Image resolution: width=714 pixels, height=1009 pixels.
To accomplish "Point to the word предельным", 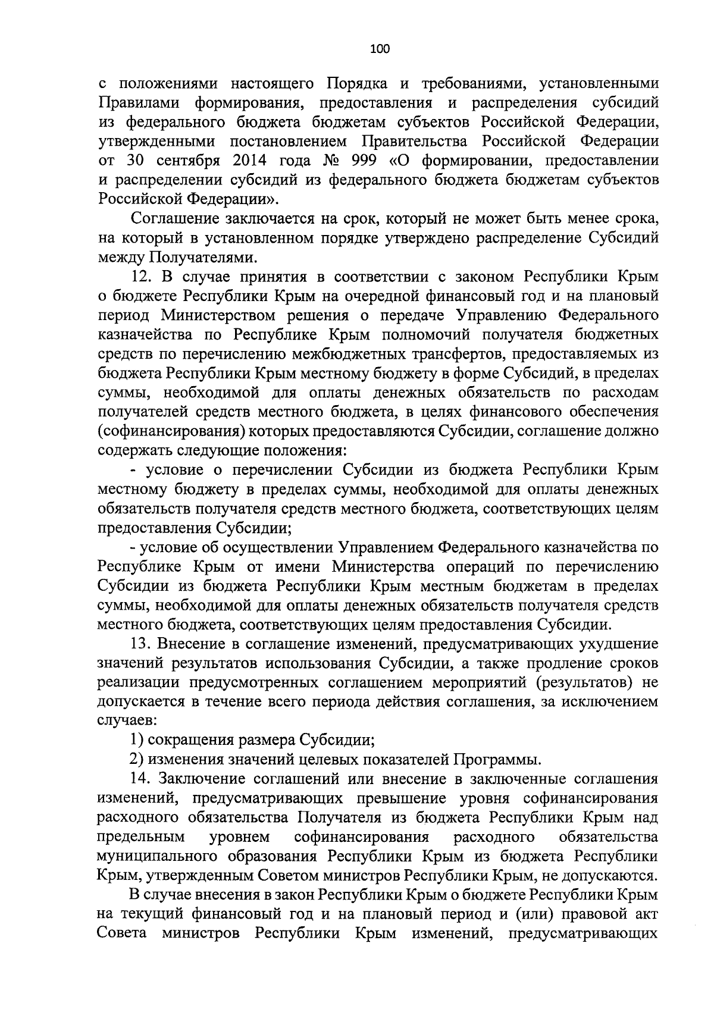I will [x=140, y=838].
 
